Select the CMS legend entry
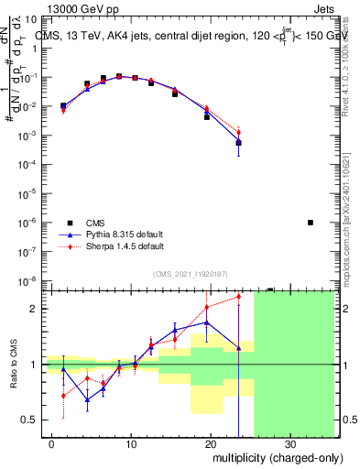click(95, 223)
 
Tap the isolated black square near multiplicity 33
click(311, 223)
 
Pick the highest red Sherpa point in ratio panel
click(238, 296)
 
